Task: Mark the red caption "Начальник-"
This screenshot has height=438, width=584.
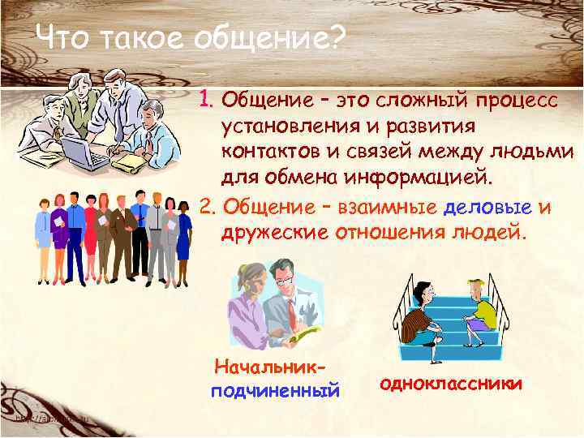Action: [273, 367]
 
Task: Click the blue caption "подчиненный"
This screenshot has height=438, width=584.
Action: [274, 392]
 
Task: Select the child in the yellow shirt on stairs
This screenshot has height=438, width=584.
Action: [481, 308]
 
